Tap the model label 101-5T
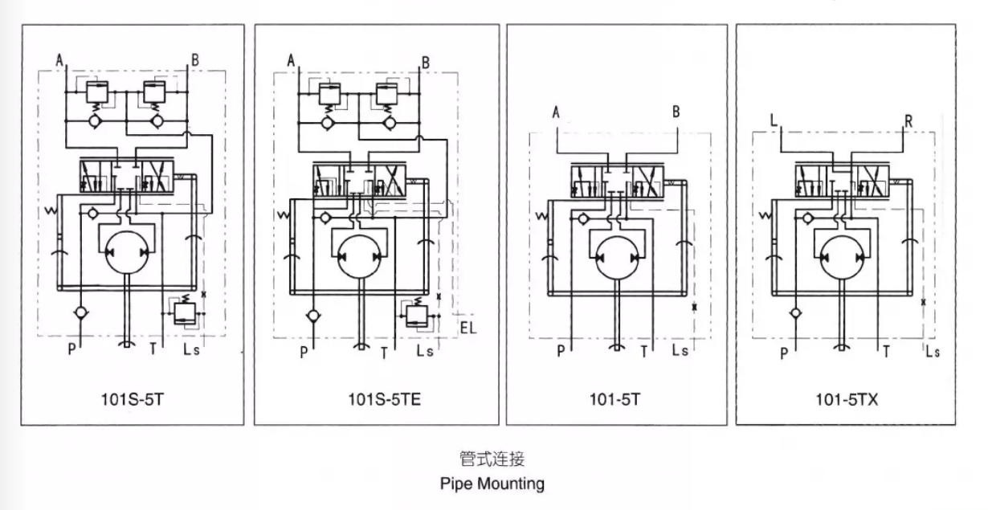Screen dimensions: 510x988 [617, 398]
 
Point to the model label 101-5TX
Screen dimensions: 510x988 [847, 398]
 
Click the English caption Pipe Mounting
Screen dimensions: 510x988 [492, 483]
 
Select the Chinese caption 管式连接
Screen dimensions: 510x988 [492, 459]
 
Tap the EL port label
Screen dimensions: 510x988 [469, 328]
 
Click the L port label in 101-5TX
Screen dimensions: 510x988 [774, 120]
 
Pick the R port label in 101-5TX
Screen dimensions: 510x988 [908, 120]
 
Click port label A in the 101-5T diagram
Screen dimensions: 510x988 [556, 112]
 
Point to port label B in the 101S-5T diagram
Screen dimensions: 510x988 [194, 59]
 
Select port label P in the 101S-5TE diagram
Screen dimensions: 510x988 [304, 352]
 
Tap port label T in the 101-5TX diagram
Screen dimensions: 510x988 [886, 351]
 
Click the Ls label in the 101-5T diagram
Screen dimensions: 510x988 [680, 350]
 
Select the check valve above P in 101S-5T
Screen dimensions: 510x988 [80, 312]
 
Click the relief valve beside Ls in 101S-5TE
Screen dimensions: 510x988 [417, 313]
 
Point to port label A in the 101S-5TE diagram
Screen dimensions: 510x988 [291, 60]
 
